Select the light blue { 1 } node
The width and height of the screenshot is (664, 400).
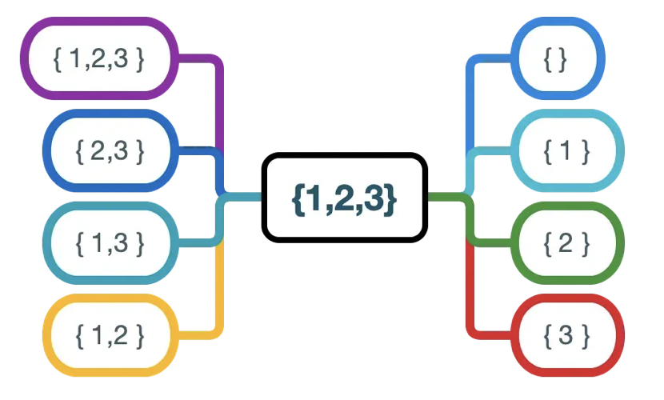(x=566, y=150)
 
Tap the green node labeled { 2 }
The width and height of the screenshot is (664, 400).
(x=566, y=242)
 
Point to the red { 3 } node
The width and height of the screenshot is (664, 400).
(x=566, y=334)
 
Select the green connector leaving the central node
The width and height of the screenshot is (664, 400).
(x=448, y=197)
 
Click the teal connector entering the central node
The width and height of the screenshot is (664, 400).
(x=244, y=197)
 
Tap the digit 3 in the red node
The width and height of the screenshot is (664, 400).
(x=566, y=334)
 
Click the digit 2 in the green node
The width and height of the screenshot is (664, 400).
(x=566, y=242)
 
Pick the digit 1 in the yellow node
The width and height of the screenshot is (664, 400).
(x=98, y=334)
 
